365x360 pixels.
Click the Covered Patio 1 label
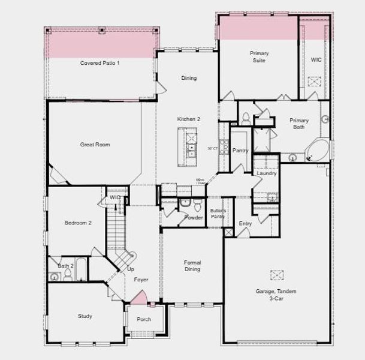pyautogui.click(x=99, y=62)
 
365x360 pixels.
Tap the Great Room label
pyautogui.click(x=95, y=145)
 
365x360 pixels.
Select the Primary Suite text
pyautogui.click(x=259, y=56)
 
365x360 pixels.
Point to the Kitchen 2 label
pyautogui.click(x=188, y=119)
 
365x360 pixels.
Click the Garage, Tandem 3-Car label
pyautogui.click(x=276, y=295)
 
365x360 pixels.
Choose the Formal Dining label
pyautogui.click(x=192, y=266)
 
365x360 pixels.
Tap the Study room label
pyautogui.click(x=85, y=316)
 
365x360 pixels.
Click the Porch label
pyautogui.click(x=144, y=319)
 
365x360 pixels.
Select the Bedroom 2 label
pyautogui.click(x=78, y=223)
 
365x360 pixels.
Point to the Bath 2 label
pyautogui.click(x=65, y=265)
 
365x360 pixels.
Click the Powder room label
pyautogui.click(x=193, y=217)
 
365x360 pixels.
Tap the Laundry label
pyautogui.click(x=266, y=174)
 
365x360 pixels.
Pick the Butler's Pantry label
pyautogui.click(x=218, y=213)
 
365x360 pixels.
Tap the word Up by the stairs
pyautogui.click(x=131, y=269)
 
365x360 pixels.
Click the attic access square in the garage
pyautogui.click(x=276, y=275)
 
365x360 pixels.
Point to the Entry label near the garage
pyautogui.click(x=245, y=223)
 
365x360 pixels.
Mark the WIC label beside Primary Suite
pyautogui.click(x=316, y=59)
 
